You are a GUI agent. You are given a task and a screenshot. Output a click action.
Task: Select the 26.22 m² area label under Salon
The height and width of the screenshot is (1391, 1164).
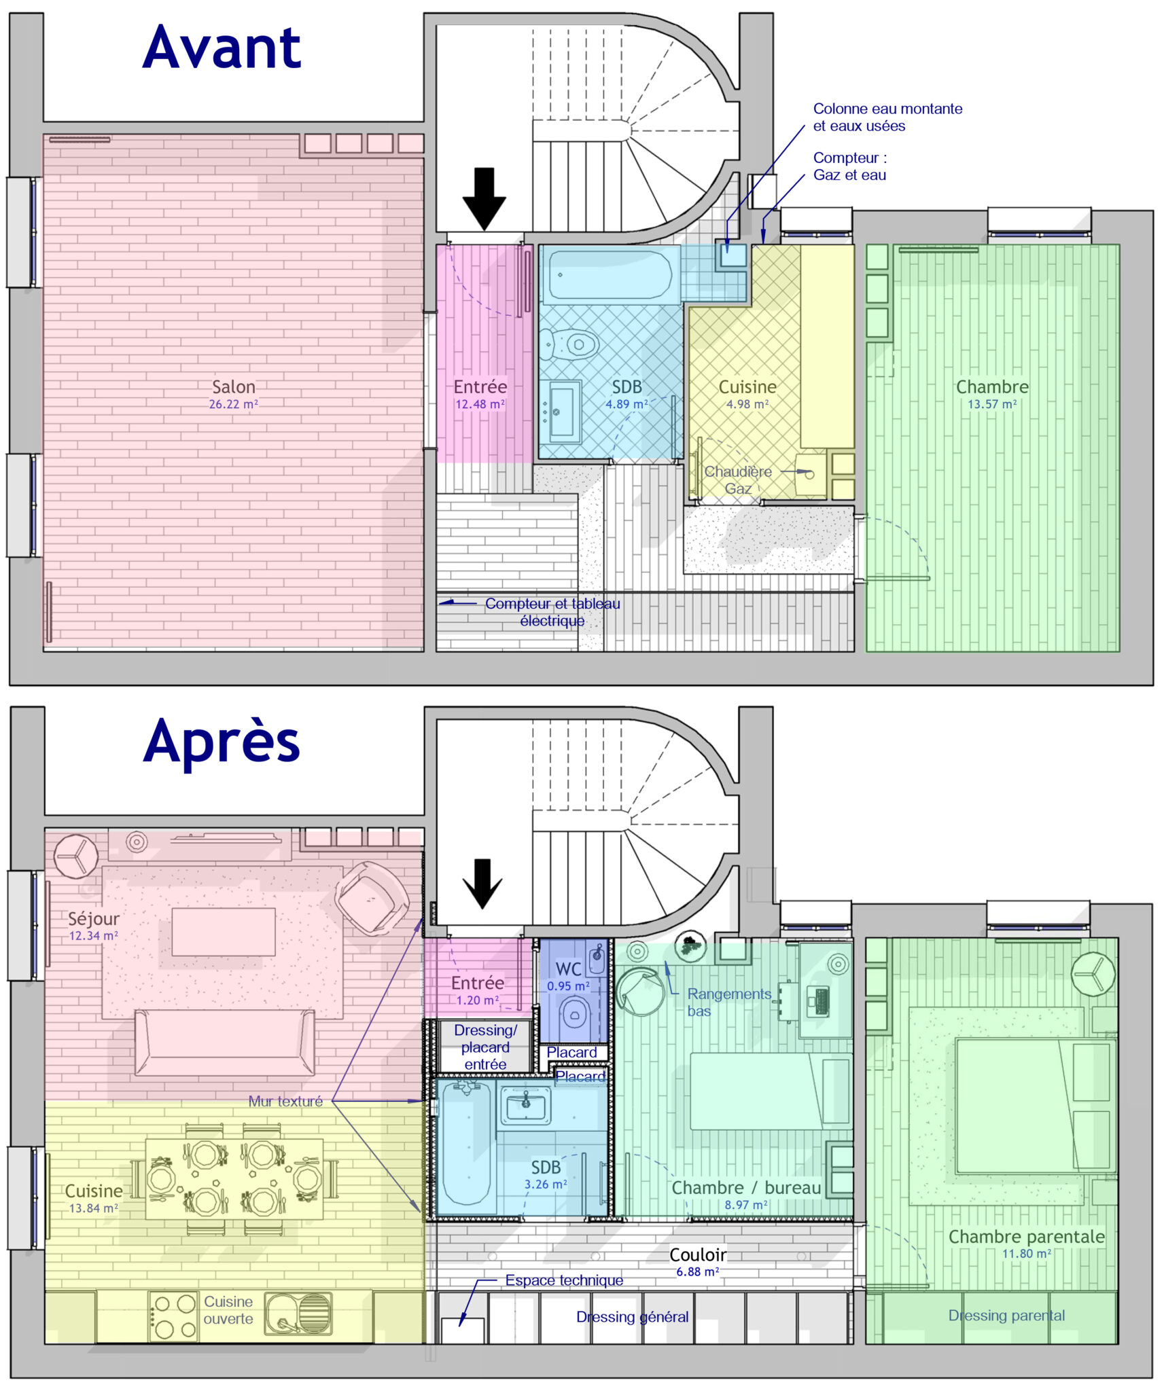[233, 404]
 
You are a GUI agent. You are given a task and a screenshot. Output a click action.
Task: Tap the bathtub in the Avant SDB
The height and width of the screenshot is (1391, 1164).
[608, 275]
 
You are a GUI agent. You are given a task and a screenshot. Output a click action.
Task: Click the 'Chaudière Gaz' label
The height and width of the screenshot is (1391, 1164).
[738, 480]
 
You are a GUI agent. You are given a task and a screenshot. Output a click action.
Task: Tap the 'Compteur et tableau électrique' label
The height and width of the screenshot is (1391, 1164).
[552, 611]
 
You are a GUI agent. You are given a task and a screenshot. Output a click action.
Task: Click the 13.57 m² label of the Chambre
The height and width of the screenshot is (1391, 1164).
[991, 404]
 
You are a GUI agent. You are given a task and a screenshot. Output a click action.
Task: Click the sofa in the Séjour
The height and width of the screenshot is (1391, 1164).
[224, 1041]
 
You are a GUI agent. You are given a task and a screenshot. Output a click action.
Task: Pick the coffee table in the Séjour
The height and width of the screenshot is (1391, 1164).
[223, 932]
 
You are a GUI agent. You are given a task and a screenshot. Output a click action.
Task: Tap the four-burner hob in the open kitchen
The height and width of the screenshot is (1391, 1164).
[174, 1316]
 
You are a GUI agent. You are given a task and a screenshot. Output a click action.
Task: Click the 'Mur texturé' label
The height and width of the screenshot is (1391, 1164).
[285, 1101]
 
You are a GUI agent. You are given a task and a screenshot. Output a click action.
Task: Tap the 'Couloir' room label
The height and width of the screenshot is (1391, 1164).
[697, 1254]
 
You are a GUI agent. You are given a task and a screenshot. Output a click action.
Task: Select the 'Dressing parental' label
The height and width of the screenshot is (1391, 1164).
[1006, 1315]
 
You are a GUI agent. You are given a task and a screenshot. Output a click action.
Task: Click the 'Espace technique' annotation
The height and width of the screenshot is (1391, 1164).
[563, 1280]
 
